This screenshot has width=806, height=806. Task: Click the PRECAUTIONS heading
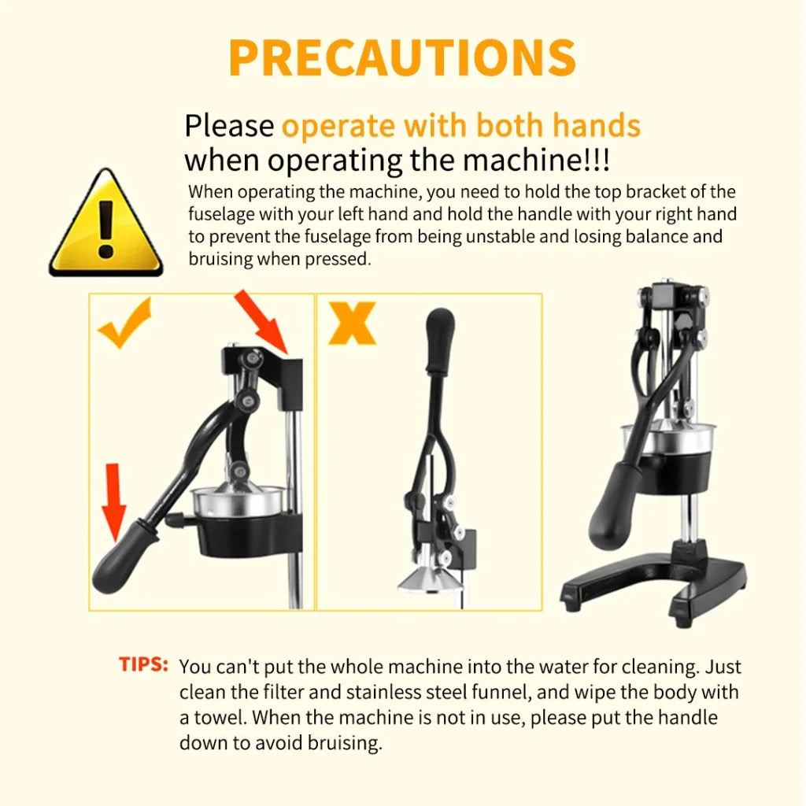402,57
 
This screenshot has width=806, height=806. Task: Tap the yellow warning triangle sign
106,223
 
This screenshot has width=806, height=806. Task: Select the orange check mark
125,323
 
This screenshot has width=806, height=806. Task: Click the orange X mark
352,323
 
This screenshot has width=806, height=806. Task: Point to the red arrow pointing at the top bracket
261,322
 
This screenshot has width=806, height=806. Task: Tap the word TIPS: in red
143,664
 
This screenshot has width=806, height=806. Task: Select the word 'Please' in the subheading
229,126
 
